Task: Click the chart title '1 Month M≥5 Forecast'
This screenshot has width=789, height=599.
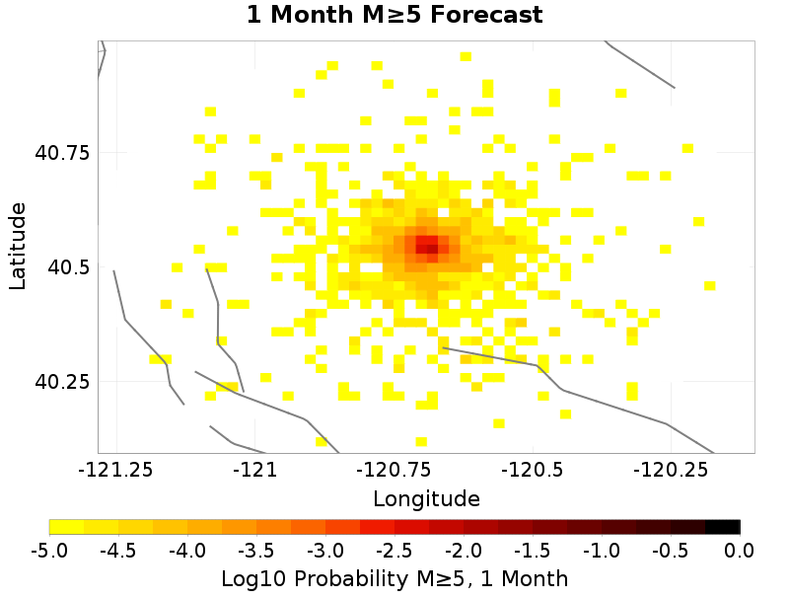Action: [394, 15]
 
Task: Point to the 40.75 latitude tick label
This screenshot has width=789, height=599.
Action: [62, 153]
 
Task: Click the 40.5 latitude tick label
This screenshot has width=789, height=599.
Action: [68, 267]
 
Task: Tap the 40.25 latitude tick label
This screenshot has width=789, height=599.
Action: [62, 382]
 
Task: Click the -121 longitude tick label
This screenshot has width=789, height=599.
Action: [256, 471]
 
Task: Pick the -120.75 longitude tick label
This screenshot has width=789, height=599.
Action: [393, 471]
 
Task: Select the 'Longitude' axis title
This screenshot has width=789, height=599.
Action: [426, 498]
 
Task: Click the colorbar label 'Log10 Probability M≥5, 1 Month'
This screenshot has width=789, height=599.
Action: [394, 577]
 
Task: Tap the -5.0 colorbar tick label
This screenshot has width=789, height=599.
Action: [49, 549]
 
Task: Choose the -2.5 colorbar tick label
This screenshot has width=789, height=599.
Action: [394, 549]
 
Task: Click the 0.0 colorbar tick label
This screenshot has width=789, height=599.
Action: [740, 549]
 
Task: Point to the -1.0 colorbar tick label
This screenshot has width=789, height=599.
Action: [602, 549]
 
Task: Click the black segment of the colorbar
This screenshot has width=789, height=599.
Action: [723, 526]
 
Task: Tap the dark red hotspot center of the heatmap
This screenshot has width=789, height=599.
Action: [427, 245]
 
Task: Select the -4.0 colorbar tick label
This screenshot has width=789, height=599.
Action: [187, 549]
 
